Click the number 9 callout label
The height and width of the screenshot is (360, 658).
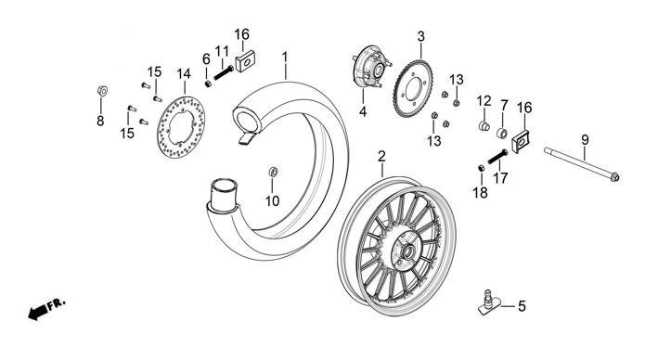585,140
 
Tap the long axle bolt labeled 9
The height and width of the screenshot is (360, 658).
582,164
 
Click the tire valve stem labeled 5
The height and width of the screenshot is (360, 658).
489,302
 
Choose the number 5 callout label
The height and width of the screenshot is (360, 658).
522,306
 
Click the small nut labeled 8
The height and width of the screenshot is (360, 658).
101,90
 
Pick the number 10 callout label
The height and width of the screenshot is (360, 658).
272,201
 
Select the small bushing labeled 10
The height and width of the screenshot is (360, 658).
273,172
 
